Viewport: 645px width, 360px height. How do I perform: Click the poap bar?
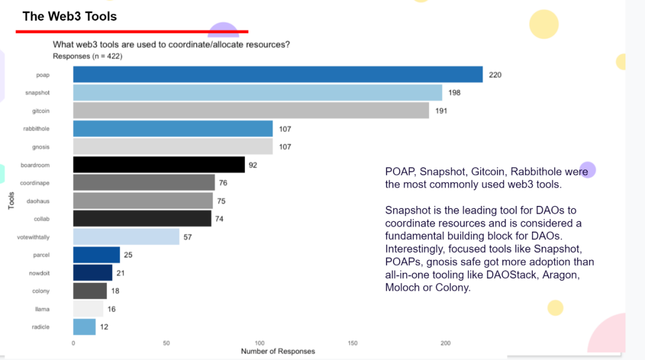(278, 75)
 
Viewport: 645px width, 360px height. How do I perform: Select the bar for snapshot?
(257, 93)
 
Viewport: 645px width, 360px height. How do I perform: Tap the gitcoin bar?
(251, 110)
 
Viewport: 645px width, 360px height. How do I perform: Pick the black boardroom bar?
(159, 165)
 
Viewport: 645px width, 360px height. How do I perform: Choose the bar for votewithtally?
(126, 237)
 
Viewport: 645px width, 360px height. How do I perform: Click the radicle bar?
(84, 327)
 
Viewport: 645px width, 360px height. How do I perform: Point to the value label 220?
(495, 75)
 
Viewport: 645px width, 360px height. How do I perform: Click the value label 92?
(253, 165)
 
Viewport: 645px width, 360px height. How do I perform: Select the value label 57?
(188, 237)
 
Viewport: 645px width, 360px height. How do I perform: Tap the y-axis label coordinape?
(35, 183)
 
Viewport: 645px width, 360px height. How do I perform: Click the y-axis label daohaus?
(38, 201)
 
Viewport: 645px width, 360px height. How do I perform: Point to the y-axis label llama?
(42, 309)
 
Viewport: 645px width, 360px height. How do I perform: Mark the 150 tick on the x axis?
(352, 343)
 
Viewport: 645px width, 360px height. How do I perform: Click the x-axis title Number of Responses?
(278, 352)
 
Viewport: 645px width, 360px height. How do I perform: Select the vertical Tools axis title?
(11, 201)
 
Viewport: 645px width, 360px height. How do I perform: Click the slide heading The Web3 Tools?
(69, 16)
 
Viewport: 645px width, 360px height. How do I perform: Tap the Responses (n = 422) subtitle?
(88, 56)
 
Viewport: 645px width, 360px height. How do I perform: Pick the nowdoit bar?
(93, 273)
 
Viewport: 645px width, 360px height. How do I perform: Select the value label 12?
(104, 327)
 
